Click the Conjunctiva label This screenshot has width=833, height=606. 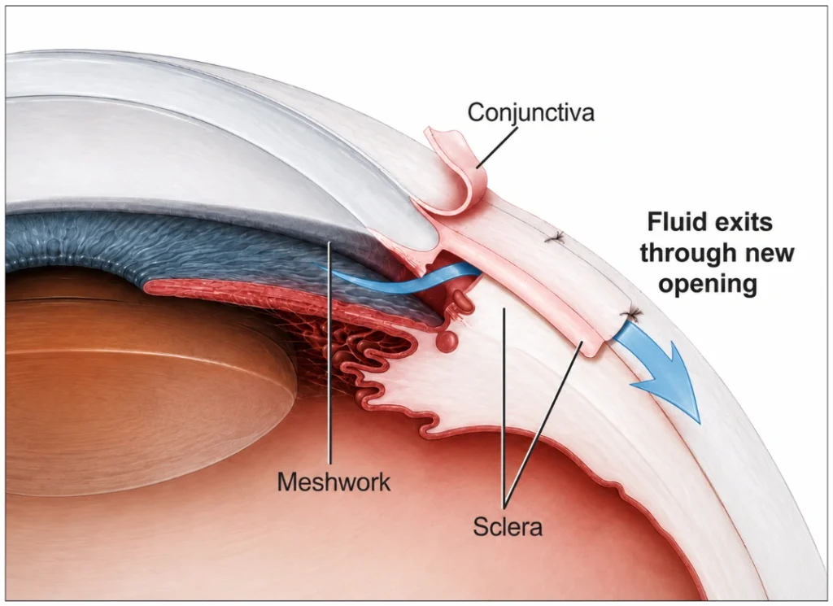(x=530, y=113)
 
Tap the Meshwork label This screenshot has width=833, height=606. (x=334, y=482)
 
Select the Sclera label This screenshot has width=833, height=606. (x=508, y=526)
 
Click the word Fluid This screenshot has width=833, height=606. (x=676, y=221)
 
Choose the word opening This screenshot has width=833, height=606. (x=708, y=285)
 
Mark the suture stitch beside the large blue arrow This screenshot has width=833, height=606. (x=631, y=316)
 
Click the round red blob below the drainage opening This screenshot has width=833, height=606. (x=447, y=339)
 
